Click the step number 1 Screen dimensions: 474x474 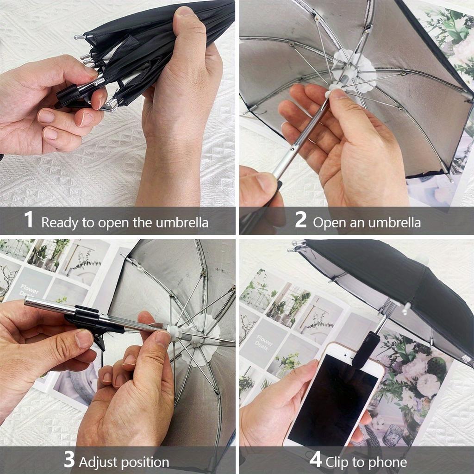point(29,220)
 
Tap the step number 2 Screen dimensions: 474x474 point(300,220)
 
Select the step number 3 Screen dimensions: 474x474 point(69,460)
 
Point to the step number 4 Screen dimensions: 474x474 point(316,460)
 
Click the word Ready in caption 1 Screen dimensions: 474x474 point(60,223)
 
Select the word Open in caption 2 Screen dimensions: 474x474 point(329,223)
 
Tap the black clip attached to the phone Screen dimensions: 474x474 point(366,350)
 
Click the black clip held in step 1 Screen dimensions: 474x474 point(69,95)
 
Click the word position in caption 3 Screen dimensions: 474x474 point(143,462)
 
